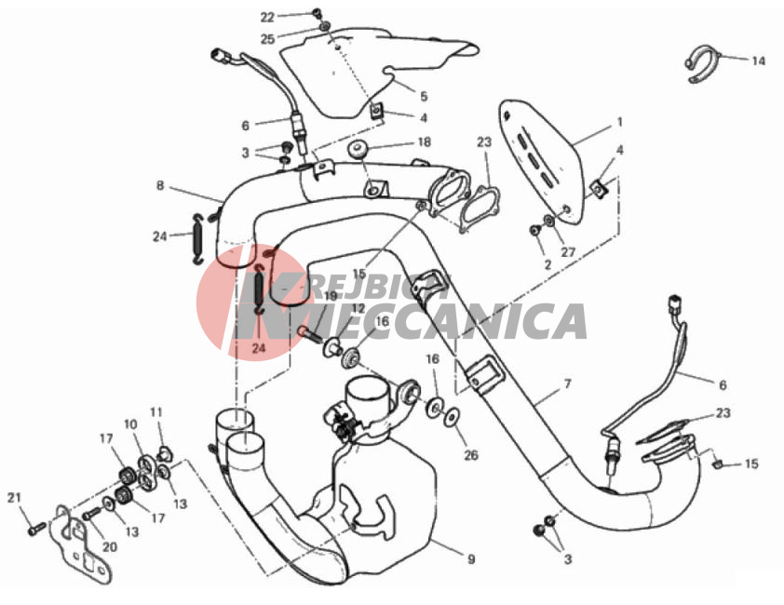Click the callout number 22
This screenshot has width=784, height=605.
(267, 18)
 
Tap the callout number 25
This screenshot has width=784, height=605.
(267, 39)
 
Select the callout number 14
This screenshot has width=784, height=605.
(759, 61)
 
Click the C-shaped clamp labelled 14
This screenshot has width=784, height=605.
(701, 64)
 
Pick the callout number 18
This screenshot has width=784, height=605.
(424, 142)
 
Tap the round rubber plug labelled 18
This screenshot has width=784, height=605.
(357, 150)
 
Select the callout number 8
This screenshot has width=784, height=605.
(160, 185)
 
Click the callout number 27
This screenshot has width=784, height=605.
(568, 252)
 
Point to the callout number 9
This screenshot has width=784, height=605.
(471, 559)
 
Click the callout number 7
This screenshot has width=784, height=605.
(567, 384)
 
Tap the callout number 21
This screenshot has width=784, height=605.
(14, 498)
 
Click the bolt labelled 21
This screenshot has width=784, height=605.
(37, 528)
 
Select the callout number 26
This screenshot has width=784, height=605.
(471, 454)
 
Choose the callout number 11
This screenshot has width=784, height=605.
(156, 412)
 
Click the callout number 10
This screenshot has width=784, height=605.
(130, 424)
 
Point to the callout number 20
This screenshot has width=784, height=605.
(110, 547)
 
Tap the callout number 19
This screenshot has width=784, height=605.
(331, 296)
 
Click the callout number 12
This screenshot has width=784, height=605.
(358, 308)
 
